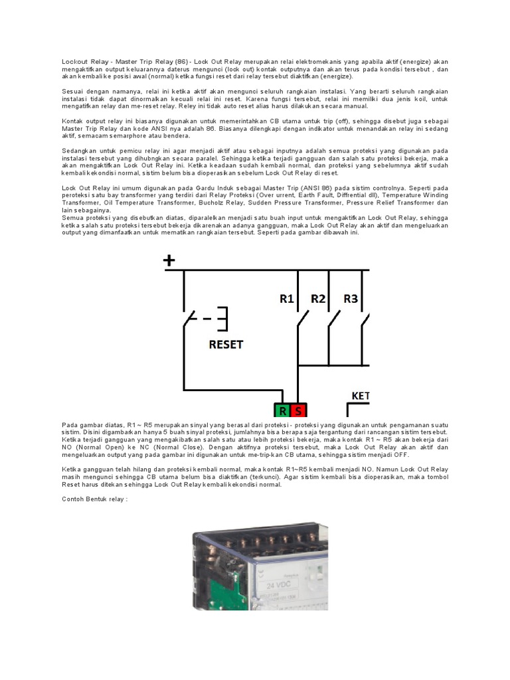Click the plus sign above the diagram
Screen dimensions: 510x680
pyautogui.click(x=169, y=260)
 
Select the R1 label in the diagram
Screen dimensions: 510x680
pyautogui.click(x=287, y=299)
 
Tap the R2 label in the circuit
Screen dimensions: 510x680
pyautogui.click(x=318, y=299)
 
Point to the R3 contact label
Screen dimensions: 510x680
pyautogui.click(x=350, y=299)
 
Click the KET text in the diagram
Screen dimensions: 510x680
pyautogui.click(x=359, y=396)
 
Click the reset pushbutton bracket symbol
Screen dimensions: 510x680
pyautogui.click(x=224, y=319)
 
